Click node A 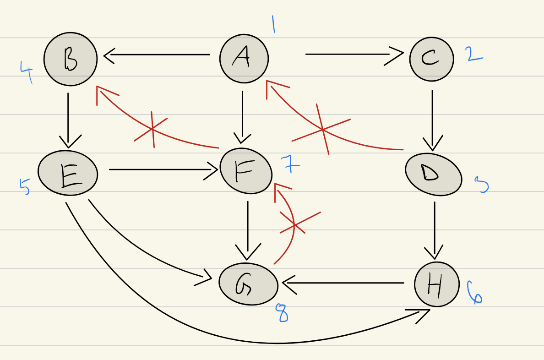(244, 59)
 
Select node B (71, 59)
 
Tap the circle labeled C (431, 59)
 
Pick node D (433, 174)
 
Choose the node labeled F (246, 171)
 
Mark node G (248, 284)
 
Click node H (436, 284)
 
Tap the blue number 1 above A (273, 25)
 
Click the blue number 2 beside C (474, 54)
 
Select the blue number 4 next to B (27, 72)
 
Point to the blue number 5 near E (25, 186)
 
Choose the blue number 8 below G (282, 313)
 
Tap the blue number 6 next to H (474, 293)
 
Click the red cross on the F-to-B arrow (152, 130)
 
